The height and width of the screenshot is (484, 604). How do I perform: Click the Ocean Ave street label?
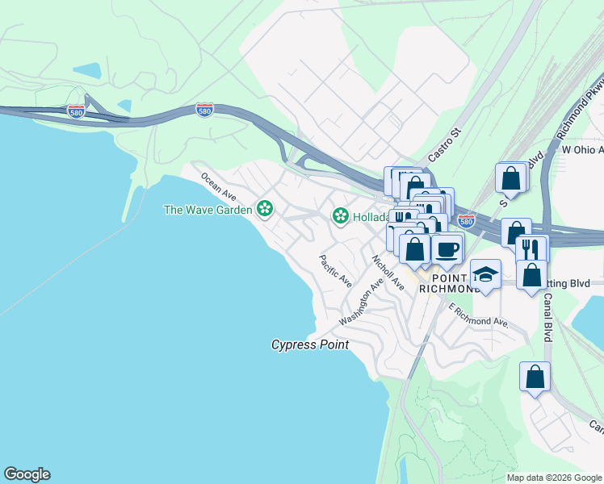219,187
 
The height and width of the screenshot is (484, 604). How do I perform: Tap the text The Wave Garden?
208,210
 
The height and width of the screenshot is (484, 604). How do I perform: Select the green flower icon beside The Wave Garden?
264,210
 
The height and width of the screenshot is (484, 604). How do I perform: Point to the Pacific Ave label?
335,271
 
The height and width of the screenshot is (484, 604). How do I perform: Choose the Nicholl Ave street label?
388,273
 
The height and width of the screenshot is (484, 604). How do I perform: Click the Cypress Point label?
309,344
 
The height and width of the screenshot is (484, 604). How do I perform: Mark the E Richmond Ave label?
478,315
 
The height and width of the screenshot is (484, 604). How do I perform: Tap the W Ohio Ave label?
582,149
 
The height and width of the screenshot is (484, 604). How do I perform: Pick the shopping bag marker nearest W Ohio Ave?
511,178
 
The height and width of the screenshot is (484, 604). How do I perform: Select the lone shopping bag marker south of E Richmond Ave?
535,377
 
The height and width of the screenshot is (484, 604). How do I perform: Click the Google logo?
27,474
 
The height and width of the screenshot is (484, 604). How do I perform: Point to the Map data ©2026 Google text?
554,478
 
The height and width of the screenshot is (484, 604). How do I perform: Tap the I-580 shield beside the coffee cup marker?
466,220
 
